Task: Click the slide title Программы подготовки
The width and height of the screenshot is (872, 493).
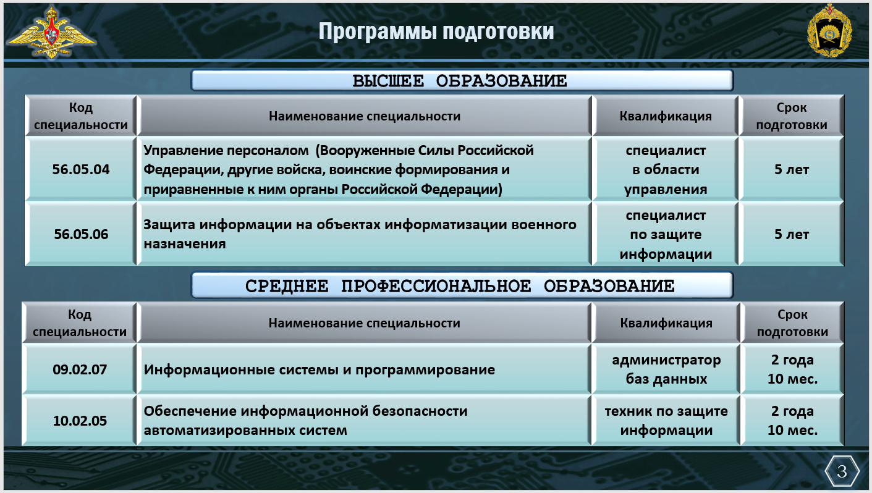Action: tap(436, 31)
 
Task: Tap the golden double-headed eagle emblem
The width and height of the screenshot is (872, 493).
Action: tap(51, 32)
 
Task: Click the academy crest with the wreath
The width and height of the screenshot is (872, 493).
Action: tap(829, 31)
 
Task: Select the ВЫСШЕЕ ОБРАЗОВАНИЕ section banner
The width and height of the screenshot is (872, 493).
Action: tap(462, 80)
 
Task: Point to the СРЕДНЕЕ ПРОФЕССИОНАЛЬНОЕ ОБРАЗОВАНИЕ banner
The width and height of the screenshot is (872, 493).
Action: tap(462, 285)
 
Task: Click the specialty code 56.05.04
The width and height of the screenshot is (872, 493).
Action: tap(81, 169)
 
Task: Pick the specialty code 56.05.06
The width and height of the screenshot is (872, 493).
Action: tap(81, 234)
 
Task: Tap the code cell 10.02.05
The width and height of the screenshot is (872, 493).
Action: tap(80, 420)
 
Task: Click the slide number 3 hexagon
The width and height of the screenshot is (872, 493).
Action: tap(842, 471)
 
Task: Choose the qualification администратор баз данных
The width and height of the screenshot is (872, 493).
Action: tap(666, 369)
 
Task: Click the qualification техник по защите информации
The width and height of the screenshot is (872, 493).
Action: tap(666, 421)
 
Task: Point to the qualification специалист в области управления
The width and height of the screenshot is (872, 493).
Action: tap(666, 170)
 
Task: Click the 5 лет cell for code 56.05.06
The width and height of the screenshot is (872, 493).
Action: tap(792, 234)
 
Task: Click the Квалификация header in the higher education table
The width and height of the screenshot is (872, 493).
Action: tap(666, 116)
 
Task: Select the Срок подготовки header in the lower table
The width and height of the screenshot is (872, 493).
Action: tap(792, 323)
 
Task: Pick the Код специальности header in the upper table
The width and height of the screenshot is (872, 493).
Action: tap(81, 116)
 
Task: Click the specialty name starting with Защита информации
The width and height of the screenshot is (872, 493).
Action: tap(360, 234)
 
